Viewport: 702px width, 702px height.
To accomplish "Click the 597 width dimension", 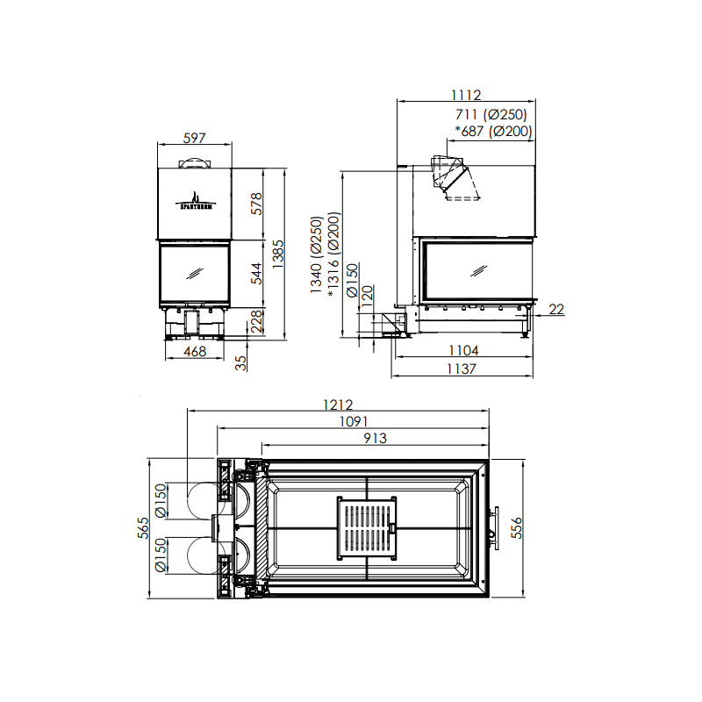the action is click(x=194, y=138).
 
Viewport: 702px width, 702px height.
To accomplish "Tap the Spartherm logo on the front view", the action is click(x=194, y=201).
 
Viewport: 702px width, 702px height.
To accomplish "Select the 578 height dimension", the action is click(x=256, y=204).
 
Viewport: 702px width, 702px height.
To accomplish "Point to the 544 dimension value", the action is click(x=256, y=273).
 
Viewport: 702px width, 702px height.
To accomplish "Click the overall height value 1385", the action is click(x=278, y=254).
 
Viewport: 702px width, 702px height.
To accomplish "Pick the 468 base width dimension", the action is click(x=195, y=352).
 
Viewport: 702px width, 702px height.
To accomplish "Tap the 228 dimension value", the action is click(x=257, y=321).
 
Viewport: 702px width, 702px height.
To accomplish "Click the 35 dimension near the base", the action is click(x=240, y=362).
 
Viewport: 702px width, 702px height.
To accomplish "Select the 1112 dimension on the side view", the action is click(x=466, y=95).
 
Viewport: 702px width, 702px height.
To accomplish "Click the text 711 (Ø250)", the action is click(x=491, y=115).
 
